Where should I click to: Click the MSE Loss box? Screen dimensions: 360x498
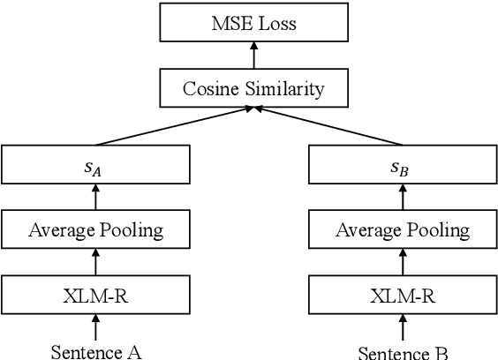coord(253,23)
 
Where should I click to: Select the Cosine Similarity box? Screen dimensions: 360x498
coord(253,88)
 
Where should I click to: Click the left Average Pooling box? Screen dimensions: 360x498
coord(95,230)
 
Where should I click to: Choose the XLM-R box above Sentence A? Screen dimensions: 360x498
coord(95,295)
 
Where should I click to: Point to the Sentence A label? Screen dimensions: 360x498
coord(95,351)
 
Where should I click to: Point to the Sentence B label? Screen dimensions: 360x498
coord(403,352)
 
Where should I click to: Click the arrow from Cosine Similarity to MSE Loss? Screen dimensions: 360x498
coord(253,56)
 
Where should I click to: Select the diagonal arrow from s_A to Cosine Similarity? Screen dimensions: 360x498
coord(177,126)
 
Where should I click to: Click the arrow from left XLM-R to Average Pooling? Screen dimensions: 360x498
coord(95,263)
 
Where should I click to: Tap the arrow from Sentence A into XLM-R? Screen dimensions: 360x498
coord(95,327)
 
